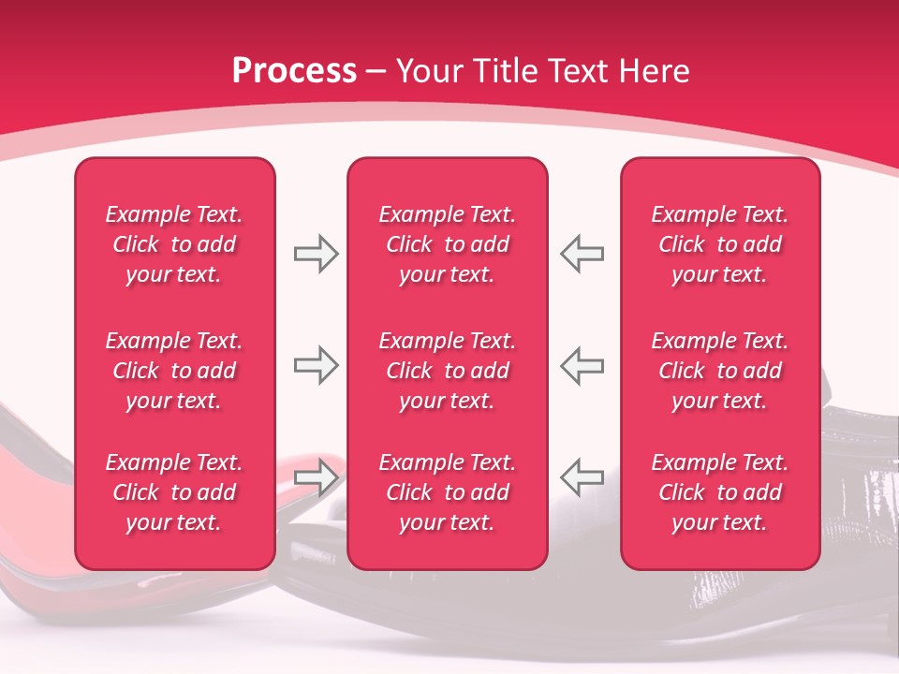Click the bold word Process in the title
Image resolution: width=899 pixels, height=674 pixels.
click(x=294, y=71)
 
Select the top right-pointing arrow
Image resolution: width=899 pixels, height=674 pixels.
click(x=316, y=254)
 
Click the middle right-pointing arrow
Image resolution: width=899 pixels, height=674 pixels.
click(x=316, y=365)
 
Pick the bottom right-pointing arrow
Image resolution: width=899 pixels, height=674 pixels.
click(x=316, y=476)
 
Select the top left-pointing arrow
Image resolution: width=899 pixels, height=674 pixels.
click(x=582, y=254)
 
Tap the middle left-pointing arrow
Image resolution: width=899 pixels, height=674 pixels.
click(x=582, y=365)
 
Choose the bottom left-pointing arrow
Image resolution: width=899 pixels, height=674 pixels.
click(x=582, y=476)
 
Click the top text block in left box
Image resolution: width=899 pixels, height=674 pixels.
click(x=174, y=244)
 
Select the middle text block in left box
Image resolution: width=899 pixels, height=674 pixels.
click(x=174, y=371)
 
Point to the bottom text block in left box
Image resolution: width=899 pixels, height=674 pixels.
click(x=174, y=492)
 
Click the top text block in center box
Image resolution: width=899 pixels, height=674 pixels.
click(x=448, y=244)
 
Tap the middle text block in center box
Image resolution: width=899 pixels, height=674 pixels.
click(x=448, y=371)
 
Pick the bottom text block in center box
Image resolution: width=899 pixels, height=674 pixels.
click(x=448, y=492)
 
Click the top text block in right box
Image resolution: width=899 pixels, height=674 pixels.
click(x=720, y=244)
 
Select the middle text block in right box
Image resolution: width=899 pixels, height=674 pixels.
click(x=720, y=371)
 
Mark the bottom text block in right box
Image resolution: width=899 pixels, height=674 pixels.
click(x=720, y=492)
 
